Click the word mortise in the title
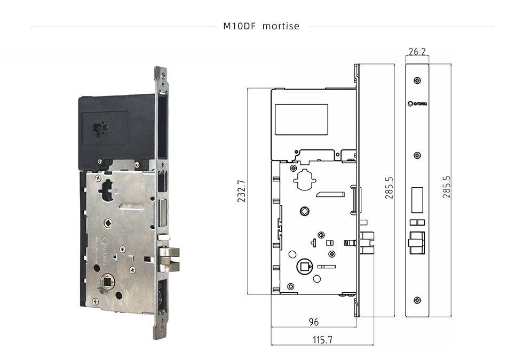click(281, 26)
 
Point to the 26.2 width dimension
click(417, 52)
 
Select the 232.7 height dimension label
click(241, 191)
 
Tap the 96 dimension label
click(314, 322)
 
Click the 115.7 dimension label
click(322, 339)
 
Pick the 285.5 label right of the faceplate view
click(447, 187)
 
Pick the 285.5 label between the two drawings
click(389, 187)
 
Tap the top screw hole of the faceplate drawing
click(417, 80)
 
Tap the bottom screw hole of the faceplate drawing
click(417, 300)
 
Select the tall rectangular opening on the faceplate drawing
click(417, 198)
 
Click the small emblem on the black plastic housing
click(100, 129)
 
